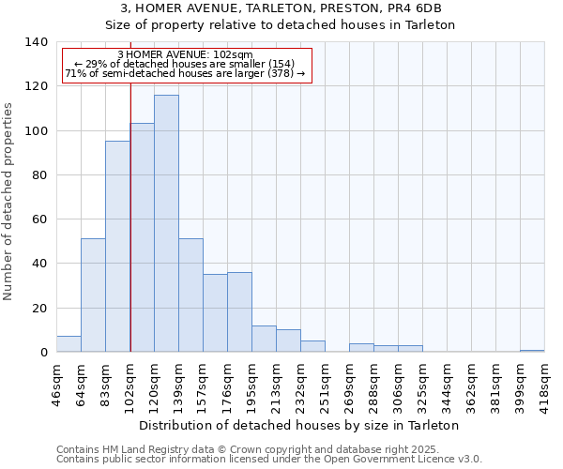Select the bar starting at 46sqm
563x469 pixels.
click(68, 344)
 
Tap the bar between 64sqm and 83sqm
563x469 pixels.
click(93, 295)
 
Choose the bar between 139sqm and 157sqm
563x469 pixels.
click(190, 295)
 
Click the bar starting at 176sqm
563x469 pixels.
click(239, 312)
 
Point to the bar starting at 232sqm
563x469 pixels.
click(312, 346)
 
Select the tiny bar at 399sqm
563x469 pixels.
click(532, 351)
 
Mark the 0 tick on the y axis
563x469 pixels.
click(44, 353)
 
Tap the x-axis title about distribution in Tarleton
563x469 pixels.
click(298, 425)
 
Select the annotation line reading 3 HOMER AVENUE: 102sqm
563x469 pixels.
click(186, 54)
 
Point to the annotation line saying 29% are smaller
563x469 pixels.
click(186, 64)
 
